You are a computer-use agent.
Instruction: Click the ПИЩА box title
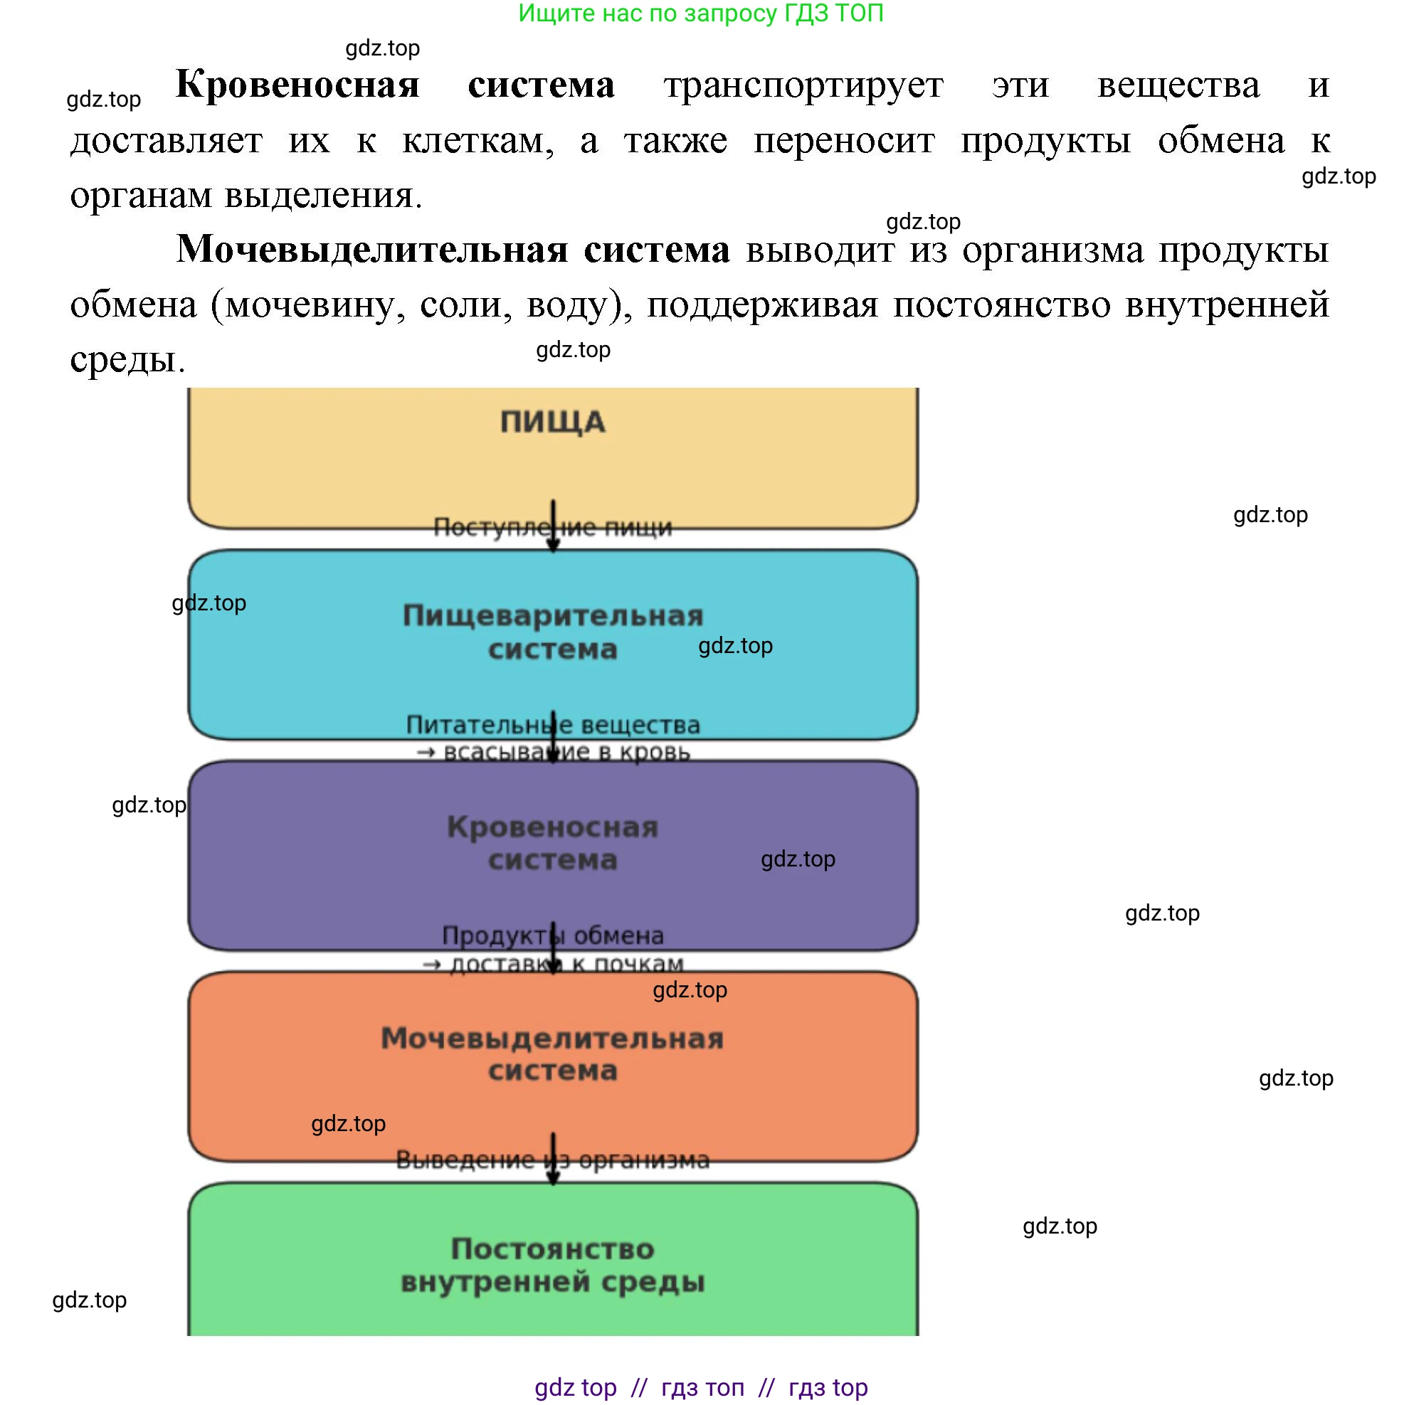click(x=552, y=423)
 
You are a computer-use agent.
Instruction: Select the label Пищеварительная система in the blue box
click(x=552, y=632)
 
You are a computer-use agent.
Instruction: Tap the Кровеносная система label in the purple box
click(x=552, y=843)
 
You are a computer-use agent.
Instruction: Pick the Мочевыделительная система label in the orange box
click(x=552, y=1054)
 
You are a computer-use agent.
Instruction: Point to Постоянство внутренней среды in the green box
click(x=552, y=1265)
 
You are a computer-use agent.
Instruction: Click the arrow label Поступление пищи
click(x=552, y=527)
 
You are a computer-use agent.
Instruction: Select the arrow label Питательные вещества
click(x=552, y=725)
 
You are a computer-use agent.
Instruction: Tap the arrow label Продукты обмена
click(x=552, y=935)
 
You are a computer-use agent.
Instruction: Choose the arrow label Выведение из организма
click(x=552, y=1160)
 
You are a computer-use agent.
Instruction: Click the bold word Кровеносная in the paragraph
click(x=297, y=85)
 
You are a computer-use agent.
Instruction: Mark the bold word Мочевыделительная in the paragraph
click(x=371, y=250)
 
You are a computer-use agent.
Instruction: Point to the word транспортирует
click(x=803, y=86)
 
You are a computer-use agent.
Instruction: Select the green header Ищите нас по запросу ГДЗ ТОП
click(x=700, y=13)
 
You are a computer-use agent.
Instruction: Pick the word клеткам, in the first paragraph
click(x=477, y=140)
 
